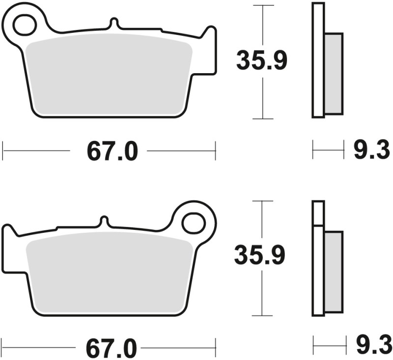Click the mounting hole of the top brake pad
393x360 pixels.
tap(24, 25)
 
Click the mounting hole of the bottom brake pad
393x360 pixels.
tap(193, 222)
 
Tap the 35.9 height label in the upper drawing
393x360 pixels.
tap(261, 61)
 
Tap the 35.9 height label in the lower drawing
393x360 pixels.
tap(259, 255)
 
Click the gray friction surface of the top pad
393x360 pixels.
tap(108, 79)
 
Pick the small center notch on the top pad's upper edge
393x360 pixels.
tap(113, 24)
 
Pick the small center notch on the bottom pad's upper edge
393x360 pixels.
tap(104, 221)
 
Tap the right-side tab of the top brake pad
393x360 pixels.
tap(210, 49)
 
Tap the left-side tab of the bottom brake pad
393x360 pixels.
tap(8, 246)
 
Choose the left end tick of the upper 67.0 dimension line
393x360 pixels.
tap(3, 151)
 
